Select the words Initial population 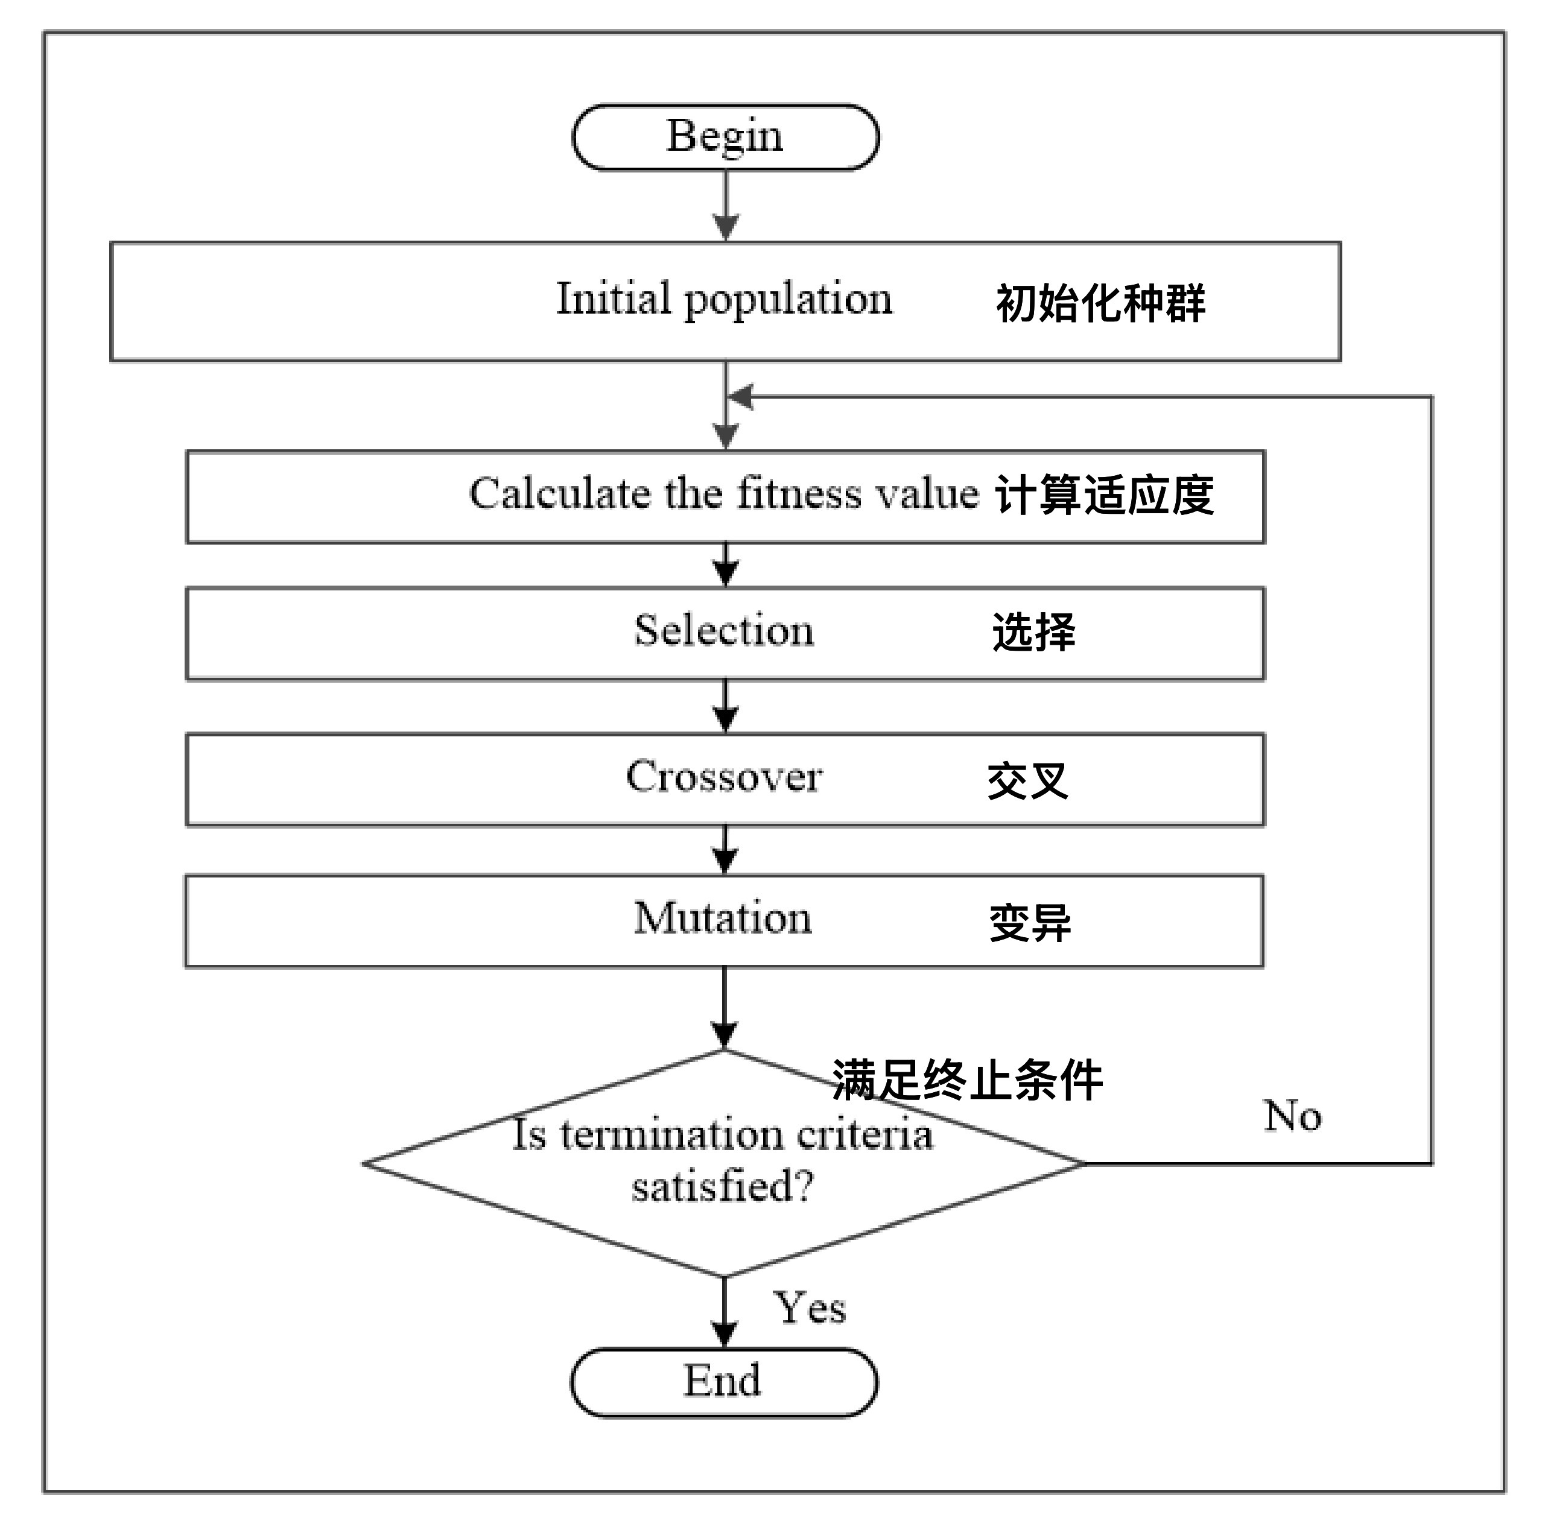[724, 300]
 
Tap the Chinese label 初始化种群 [1100, 304]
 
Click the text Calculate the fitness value [723, 493]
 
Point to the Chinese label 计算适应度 [1104, 496]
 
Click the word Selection [724, 630]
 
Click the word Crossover [724, 776]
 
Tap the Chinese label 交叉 [1027, 781]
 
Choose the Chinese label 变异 [1030, 923]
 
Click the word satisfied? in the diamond [722, 1186]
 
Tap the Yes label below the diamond [808, 1309]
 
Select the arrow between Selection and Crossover [725, 707]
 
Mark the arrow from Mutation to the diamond [724, 1008]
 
